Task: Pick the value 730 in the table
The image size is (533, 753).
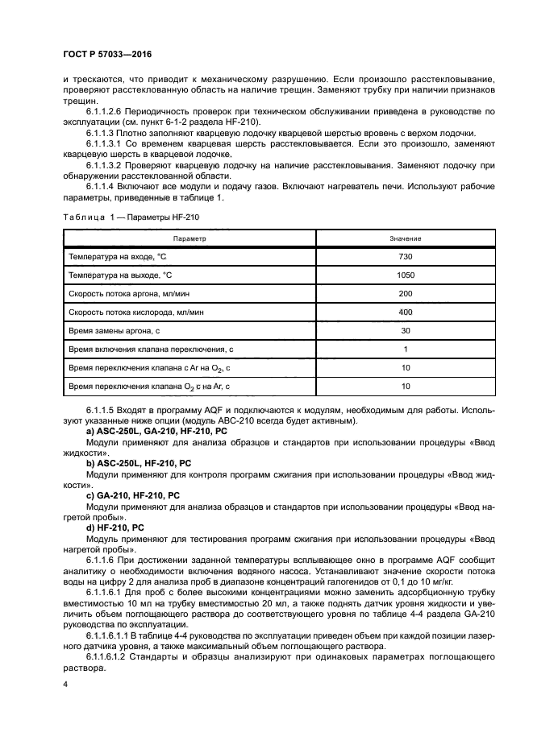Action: point(405,256)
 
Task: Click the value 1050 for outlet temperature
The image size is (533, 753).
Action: point(405,275)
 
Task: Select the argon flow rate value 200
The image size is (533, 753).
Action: point(405,293)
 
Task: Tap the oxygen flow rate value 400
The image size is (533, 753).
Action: point(405,312)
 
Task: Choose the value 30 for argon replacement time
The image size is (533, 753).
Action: point(405,330)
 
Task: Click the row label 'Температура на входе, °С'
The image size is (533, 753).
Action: point(121,256)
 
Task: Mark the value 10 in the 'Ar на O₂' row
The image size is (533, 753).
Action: point(405,367)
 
